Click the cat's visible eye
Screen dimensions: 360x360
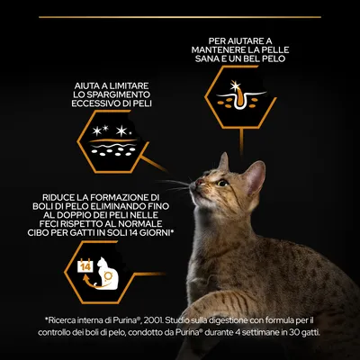[x=222, y=183]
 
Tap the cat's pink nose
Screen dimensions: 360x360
[x=199, y=182]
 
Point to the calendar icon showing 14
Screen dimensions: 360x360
[x=85, y=266]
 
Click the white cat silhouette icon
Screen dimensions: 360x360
[x=106, y=273]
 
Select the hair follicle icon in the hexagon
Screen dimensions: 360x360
[x=240, y=95]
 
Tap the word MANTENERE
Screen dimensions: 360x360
[x=222, y=49]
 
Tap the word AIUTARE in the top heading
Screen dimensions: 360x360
[x=242, y=40]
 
